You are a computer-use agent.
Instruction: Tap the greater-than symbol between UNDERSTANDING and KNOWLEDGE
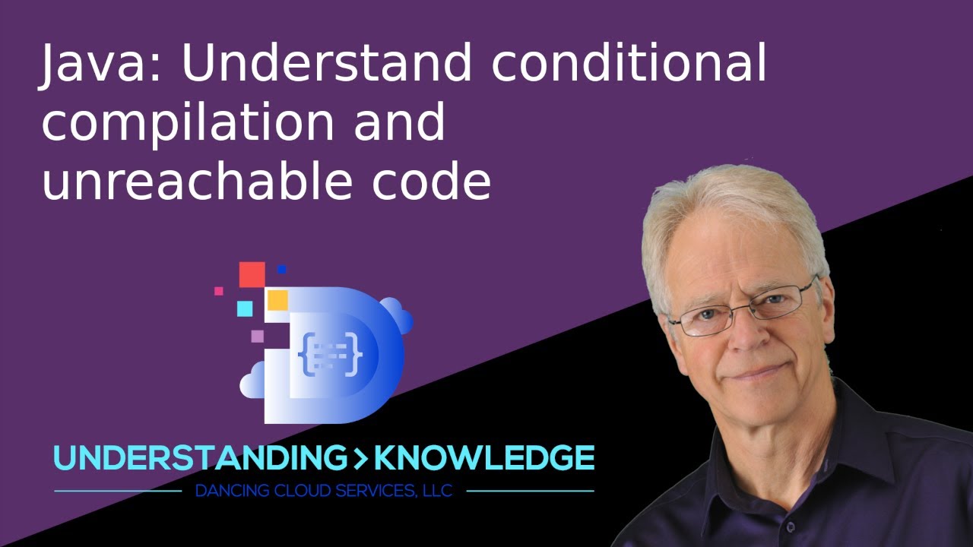click(358, 458)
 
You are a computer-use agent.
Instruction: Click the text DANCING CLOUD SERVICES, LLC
click(324, 491)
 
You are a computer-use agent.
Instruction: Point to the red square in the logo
click(252, 274)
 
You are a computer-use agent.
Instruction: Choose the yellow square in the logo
click(277, 300)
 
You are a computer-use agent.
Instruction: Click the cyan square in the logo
click(244, 308)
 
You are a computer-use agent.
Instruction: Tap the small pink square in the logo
click(219, 290)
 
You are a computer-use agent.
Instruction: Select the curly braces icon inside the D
click(331, 354)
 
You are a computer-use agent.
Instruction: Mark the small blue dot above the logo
click(281, 269)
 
